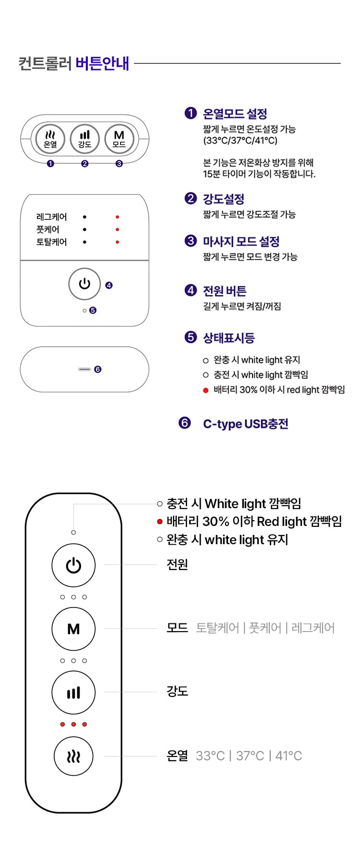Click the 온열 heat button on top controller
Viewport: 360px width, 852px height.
pyautogui.click(x=50, y=139)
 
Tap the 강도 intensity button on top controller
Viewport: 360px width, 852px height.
pyautogui.click(x=84, y=139)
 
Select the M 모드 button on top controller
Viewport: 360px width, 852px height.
pyautogui.click(x=119, y=139)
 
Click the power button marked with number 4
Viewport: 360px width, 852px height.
pyautogui.click(x=84, y=284)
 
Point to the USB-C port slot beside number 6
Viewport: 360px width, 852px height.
pyautogui.click(x=84, y=369)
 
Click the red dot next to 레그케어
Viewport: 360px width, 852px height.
pyautogui.click(x=118, y=217)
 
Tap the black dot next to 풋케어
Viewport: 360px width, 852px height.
pyautogui.click(x=84, y=230)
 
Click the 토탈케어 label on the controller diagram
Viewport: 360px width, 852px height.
pyautogui.click(x=52, y=242)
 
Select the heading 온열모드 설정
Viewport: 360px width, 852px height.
pyautogui.click(x=235, y=114)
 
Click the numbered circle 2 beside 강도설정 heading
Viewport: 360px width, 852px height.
pyautogui.click(x=191, y=198)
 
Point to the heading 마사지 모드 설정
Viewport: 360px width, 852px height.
pyautogui.click(x=241, y=242)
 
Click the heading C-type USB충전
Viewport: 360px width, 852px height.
pyautogui.click(x=246, y=424)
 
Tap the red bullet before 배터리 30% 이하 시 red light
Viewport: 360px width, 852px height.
pyautogui.click(x=205, y=390)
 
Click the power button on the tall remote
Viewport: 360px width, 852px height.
pyautogui.click(x=73, y=565)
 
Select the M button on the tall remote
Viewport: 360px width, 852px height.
pyautogui.click(x=73, y=629)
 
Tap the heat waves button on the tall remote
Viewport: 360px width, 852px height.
pyautogui.click(x=73, y=756)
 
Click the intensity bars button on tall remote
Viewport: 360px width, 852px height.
pyautogui.click(x=73, y=693)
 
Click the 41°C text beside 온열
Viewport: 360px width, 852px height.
pyautogui.click(x=288, y=756)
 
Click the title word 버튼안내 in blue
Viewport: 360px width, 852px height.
pyautogui.click(x=102, y=63)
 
